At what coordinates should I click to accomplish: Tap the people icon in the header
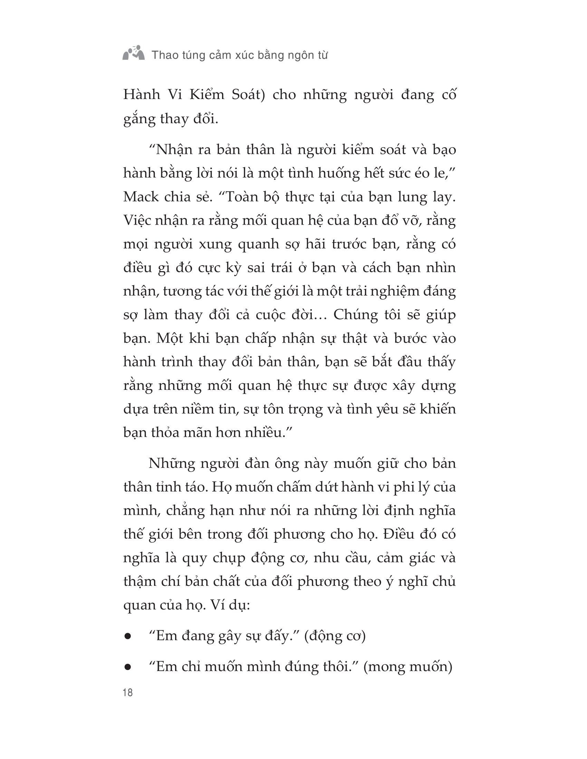[x=134, y=53]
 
